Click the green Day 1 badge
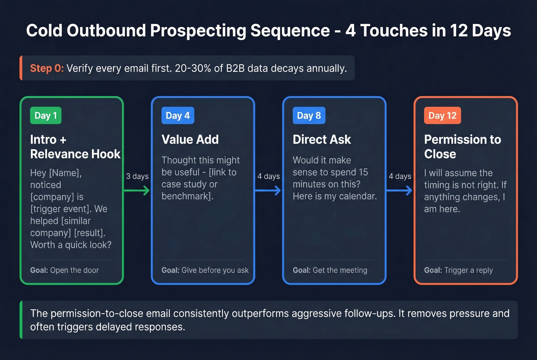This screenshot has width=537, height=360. (x=46, y=115)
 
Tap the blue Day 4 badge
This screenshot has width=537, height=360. (x=178, y=115)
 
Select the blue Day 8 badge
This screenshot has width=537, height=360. (x=309, y=115)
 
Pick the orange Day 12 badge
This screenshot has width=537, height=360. (x=442, y=115)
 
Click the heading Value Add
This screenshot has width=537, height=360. (x=190, y=140)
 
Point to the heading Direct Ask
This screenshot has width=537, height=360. (x=321, y=140)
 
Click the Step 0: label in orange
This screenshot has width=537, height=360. (x=47, y=68)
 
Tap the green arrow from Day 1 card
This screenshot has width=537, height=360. (x=137, y=190)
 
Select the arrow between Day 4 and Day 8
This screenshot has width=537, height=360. (x=268, y=190)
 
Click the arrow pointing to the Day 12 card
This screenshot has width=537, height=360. (x=399, y=190)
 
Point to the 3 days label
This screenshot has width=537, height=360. (x=137, y=176)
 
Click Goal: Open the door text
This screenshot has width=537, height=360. (x=64, y=270)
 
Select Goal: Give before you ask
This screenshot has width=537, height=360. (x=205, y=270)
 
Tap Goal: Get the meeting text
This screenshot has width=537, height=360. (x=330, y=270)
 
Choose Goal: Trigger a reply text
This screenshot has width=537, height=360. (x=458, y=270)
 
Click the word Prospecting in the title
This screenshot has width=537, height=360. (x=198, y=31)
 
